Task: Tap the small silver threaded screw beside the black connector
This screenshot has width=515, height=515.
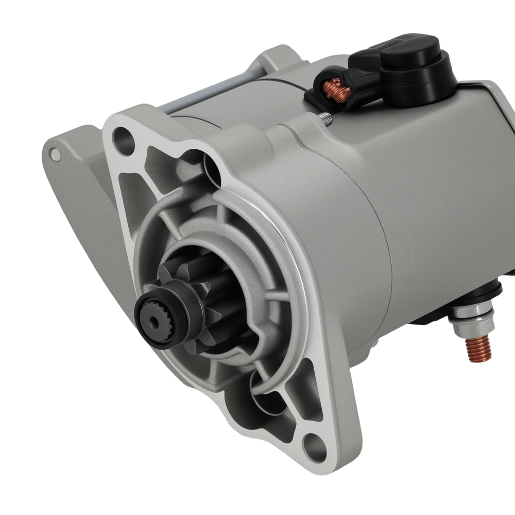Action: [325, 119]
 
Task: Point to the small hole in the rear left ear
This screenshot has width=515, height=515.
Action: [56, 154]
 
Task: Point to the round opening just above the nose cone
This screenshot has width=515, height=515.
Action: [211, 170]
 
